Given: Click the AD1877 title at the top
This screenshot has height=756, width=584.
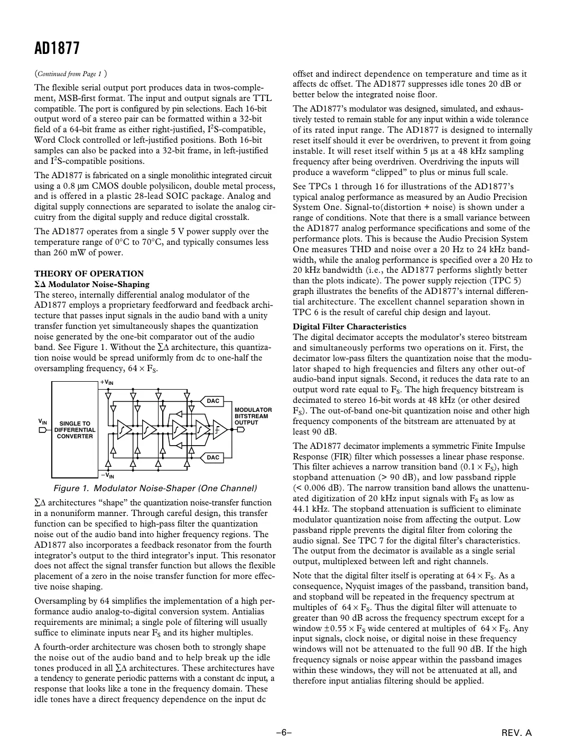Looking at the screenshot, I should coord(57,49).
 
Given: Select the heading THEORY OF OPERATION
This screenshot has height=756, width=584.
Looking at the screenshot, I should coord(89,273).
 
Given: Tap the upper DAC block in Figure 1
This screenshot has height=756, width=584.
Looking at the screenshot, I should coord(213,401).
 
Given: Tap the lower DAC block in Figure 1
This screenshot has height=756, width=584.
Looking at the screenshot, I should coord(213,457).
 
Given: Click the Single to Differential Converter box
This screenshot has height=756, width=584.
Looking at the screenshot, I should coord(75,429).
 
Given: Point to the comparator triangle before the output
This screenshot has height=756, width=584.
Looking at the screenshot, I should coord(219,429).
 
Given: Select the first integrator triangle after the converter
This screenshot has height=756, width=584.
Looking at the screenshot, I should coord(124,429).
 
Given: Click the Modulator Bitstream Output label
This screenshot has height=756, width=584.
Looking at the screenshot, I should coord(253,416).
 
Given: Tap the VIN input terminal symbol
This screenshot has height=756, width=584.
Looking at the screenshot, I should coord(42,430).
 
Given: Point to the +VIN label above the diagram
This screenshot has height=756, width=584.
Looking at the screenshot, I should coord(107,382).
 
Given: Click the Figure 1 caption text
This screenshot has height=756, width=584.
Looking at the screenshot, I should coord(154,488).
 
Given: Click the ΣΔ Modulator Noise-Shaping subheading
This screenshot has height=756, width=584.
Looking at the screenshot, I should coord(92,284).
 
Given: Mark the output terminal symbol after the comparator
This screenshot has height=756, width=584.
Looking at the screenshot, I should coord(241,429).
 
